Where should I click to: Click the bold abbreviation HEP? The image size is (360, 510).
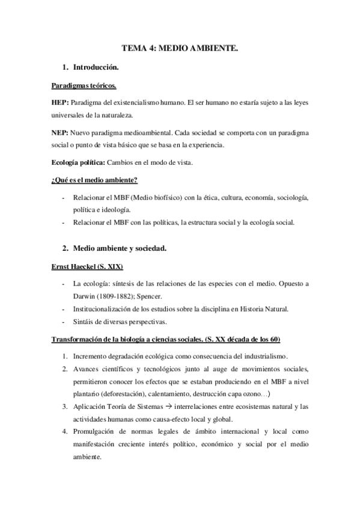point(60,103)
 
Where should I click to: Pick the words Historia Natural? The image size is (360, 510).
point(267,309)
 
